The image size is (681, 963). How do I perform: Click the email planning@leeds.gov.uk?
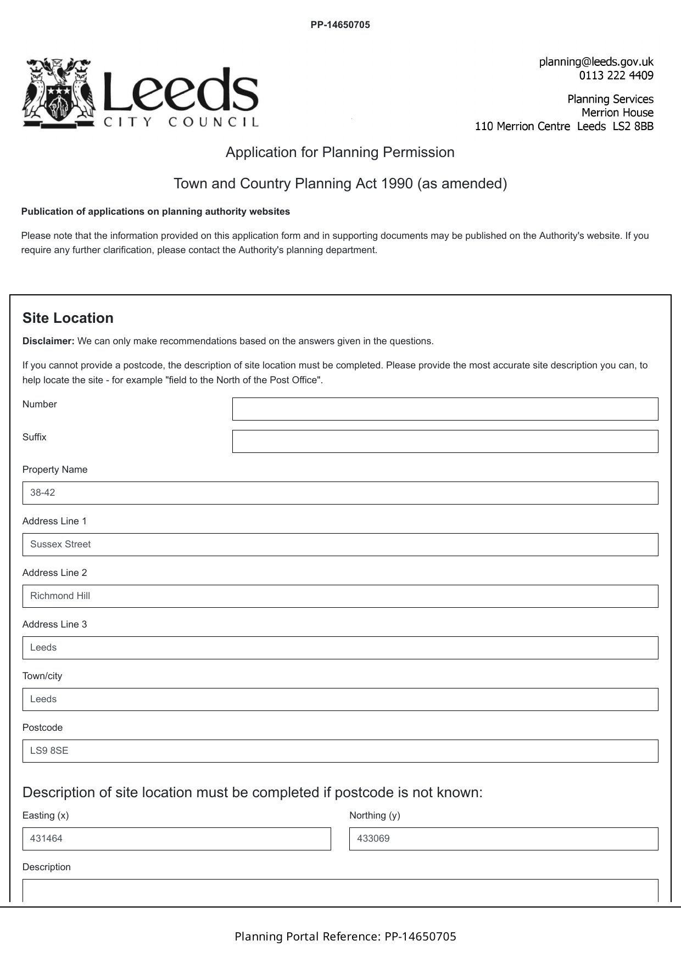pos(596,61)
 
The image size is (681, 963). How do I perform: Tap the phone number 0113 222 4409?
pos(616,75)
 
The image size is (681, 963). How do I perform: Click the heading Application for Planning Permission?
pos(340,152)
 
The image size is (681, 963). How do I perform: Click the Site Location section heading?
pos(68,318)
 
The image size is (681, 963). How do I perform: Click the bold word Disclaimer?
pos(48,341)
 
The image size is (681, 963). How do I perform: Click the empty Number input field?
pos(445,409)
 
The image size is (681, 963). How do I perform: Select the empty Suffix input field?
pos(445,441)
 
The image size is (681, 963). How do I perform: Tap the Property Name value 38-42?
pos(43,493)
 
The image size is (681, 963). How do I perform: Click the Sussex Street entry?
pos(60,545)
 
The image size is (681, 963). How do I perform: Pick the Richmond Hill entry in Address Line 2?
pos(60,596)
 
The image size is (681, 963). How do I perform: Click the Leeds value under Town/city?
pos(43,699)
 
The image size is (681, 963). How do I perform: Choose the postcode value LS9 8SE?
pos(49,751)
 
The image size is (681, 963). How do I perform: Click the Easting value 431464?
pos(46,839)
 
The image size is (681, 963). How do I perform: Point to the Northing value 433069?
pos(373,839)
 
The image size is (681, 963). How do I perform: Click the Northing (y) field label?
pos(375,815)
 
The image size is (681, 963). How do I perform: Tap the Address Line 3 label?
pos(54,624)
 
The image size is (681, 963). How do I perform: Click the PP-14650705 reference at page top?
pos(340,25)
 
